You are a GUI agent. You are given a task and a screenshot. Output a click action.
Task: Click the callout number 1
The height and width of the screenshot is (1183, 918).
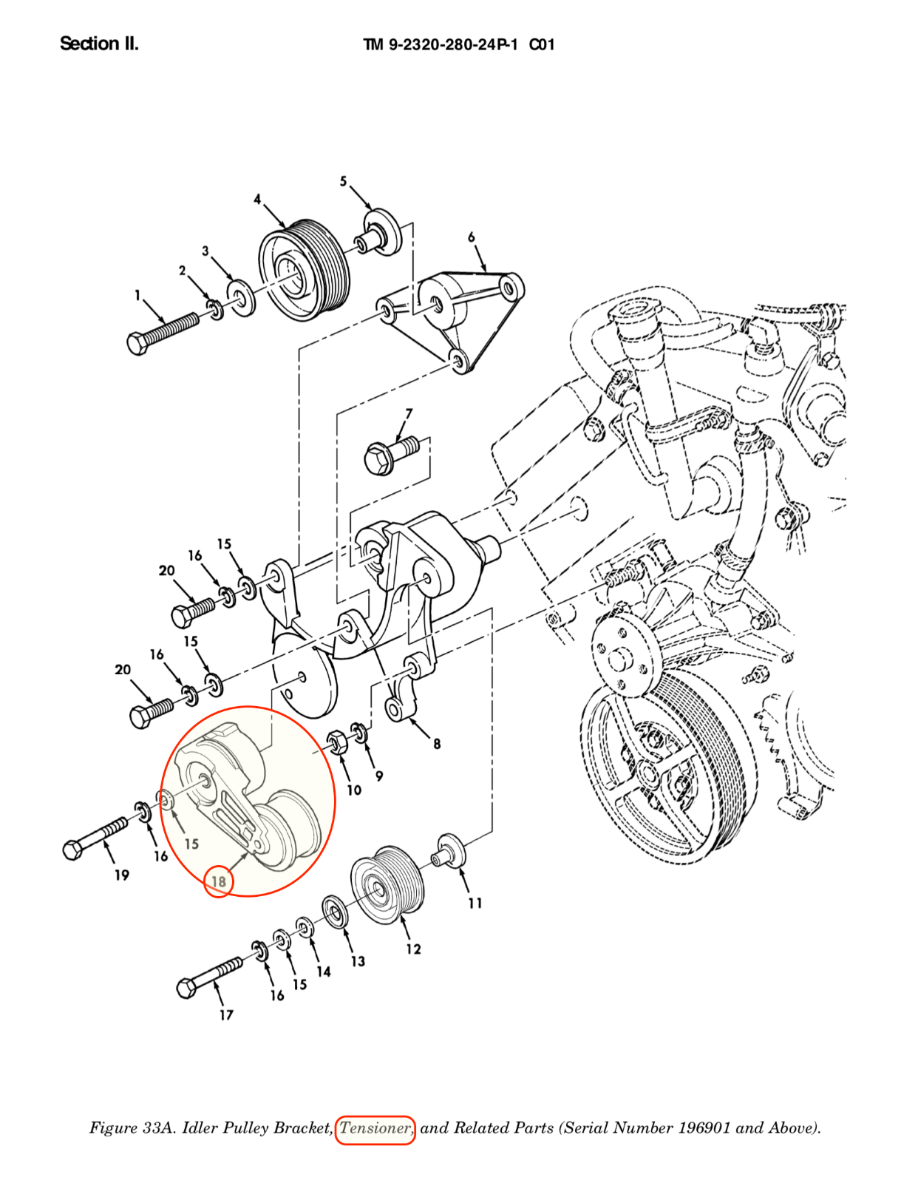coord(137,295)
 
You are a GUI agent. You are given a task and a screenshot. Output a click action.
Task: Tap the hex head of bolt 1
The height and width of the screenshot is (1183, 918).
coord(138,344)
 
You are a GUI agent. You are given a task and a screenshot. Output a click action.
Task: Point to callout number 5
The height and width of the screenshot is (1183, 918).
coord(343,181)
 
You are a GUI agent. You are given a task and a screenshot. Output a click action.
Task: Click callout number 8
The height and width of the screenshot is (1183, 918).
coord(437,744)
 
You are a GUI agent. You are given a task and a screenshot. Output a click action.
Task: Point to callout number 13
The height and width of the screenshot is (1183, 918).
coord(358,961)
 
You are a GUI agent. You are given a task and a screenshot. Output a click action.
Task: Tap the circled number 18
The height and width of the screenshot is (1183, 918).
coord(218,881)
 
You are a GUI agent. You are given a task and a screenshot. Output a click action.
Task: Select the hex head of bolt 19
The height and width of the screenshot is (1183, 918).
coord(73,850)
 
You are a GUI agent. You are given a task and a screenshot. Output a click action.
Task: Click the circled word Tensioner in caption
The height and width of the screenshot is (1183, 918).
coord(375,1128)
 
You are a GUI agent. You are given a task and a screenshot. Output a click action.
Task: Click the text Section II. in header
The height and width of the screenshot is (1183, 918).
coord(99,44)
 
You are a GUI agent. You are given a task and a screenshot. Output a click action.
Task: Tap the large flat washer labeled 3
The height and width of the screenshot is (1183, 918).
coord(241,296)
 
